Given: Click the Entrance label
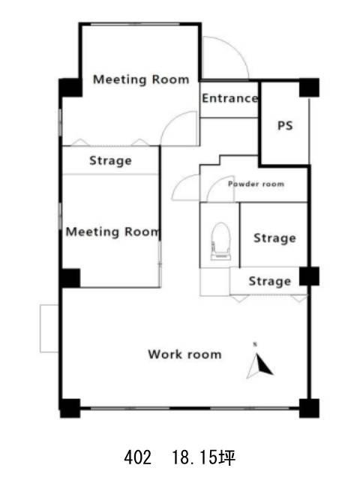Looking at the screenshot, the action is [230, 98].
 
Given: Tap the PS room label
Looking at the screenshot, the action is [285, 125].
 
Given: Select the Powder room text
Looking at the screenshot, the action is [256, 184].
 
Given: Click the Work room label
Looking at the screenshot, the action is [185, 354].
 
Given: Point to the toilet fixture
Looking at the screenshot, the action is [220, 241].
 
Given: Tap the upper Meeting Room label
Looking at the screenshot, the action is [141, 79].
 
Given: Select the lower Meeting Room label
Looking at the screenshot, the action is [113, 232].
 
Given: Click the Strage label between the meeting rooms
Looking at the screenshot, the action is [110, 160].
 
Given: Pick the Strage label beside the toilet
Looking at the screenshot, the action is [275, 238].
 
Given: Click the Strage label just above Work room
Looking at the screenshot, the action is [270, 281].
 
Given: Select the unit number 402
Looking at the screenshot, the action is [137, 457].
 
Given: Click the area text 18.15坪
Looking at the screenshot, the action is [203, 457].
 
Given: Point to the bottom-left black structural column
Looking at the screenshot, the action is [70, 408].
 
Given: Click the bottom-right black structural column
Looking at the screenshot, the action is [309, 408].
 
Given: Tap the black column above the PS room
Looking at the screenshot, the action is [309, 88].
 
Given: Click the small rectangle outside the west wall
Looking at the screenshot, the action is [49, 328].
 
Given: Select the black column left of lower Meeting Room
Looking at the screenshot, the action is [70, 278].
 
